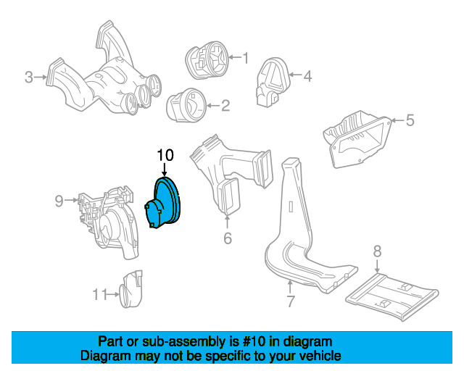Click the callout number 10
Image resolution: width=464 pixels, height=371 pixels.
[x=165, y=155]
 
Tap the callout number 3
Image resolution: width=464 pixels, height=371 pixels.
[x=29, y=78]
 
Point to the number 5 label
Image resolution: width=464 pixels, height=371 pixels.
[x=410, y=120]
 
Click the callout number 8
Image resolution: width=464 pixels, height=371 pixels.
[x=377, y=251]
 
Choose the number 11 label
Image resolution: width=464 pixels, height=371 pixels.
[x=100, y=294]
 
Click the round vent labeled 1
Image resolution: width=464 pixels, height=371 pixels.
[x=207, y=60]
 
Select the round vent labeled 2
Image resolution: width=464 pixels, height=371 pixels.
[x=187, y=105]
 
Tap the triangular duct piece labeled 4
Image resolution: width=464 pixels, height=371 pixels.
[x=273, y=82]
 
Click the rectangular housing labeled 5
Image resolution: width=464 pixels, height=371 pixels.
[x=357, y=139]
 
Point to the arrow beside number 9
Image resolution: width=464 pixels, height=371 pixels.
[x=71, y=200]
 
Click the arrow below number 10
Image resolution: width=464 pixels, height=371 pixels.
[x=165, y=170]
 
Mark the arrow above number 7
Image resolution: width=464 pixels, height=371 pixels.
[x=290, y=287]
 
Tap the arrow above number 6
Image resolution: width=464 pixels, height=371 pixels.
[x=227, y=222]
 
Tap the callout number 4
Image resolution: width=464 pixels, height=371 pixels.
[x=307, y=76]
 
